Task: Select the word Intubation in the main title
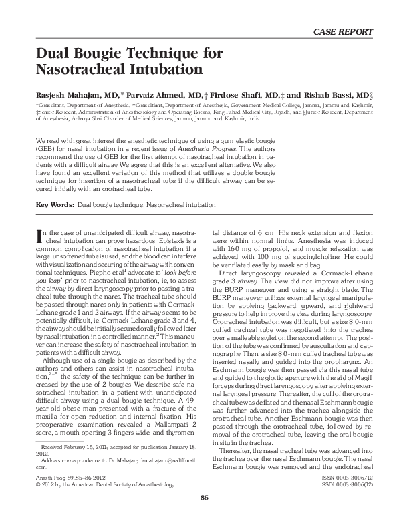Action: click(x=162, y=69)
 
